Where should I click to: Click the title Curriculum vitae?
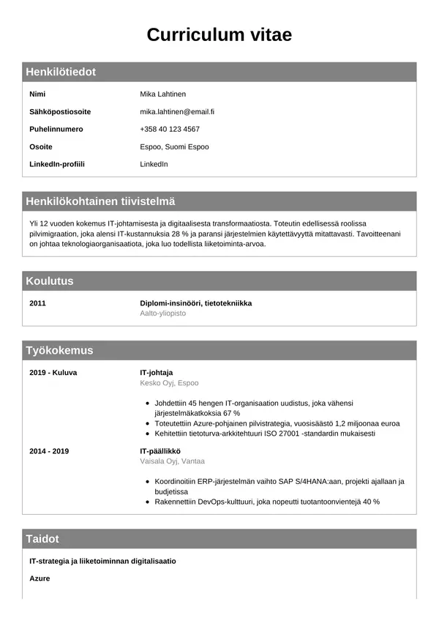pos(219,34)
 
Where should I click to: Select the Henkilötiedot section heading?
pos(61,72)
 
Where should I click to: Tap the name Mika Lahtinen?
pos(162,94)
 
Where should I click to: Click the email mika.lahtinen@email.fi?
pos(177,111)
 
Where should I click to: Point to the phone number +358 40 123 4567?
pos(170,129)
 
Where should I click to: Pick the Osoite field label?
pos(41,146)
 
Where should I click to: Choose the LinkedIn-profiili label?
pos(57,164)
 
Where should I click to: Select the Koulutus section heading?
pos(50,281)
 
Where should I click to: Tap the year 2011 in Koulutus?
pos(38,303)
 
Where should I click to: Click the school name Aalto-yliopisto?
pos(163,313)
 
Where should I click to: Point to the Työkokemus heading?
pos(59,351)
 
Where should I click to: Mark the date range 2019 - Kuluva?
pos(53,372)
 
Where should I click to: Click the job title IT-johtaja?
pos(156,372)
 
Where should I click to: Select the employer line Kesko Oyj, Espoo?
pos(169,382)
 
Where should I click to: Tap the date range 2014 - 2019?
pos(49,451)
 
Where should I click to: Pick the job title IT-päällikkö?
pos(160,451)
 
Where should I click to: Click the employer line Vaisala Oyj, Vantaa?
pos(172,461)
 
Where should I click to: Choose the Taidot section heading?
pos(42,539)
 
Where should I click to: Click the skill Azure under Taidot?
pos(40,579)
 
